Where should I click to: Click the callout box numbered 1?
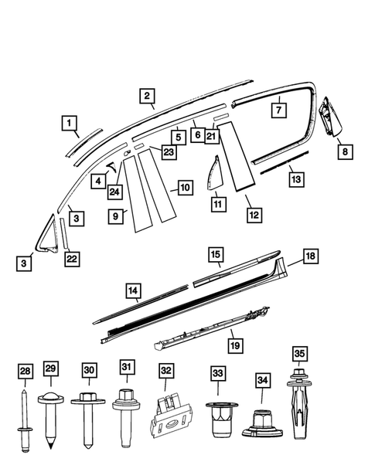(70, 123)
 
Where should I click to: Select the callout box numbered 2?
(145, 96)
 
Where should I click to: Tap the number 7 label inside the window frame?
(278, 110)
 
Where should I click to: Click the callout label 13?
(295, 178)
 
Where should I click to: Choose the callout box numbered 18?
(309, 256)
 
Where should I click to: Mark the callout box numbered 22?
(70, 259)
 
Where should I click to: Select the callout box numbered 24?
(115, 191)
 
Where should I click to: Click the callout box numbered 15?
(216, 254)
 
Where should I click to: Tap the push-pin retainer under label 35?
(299, 409)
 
